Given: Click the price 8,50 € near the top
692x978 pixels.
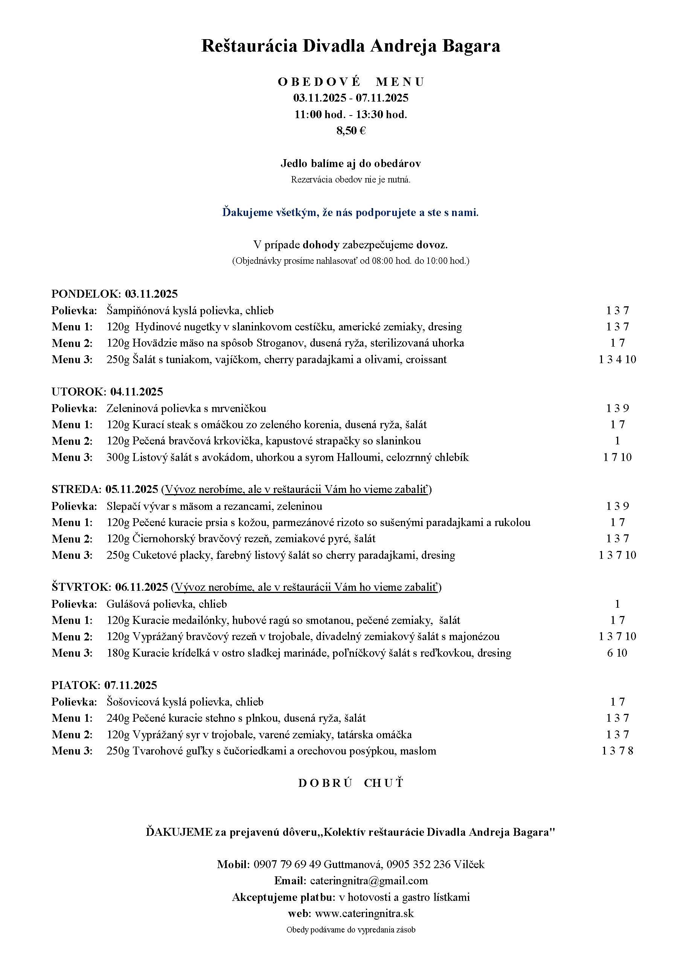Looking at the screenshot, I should pyautogui.click(x=351, y=130).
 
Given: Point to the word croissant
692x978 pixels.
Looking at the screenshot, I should pyautogui.click(x=426, y=359).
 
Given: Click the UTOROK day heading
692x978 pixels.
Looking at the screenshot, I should pyautogui.click(x=79, y=392).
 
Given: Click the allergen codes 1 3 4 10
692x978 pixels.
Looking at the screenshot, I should pyautogui.click(x=617, y=359).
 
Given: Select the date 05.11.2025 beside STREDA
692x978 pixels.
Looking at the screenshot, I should pyautogui.click(x=132, y=490).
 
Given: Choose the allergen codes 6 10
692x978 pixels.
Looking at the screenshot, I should pyautogui.click(x=617, y=653).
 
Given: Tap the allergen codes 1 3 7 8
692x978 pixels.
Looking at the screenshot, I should pyautogui.click(x=617, y=751).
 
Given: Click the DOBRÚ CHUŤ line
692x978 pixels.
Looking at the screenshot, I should pyautogui.click(x=350, y=783).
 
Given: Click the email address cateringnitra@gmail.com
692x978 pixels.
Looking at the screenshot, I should pyautogui.click(x=369, y=881).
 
